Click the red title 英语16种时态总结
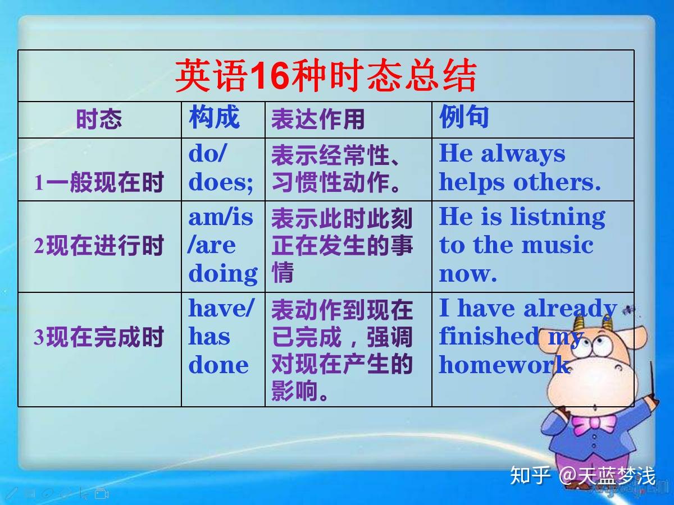(x=326, y=76)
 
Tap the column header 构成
(x=214, y=117)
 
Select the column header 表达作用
(x=318, y=120)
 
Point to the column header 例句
(x=464, y=116)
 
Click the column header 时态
(x=99, y=119)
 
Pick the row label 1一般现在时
(x=98, y=182)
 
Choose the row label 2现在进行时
(x=98, y=245)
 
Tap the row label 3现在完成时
(x=98, y=337)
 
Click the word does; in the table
(x=221, y=183)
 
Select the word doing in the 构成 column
(x=223, y=274)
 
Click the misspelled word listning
(x=558, y=217)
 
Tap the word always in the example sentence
(x=523, y=155)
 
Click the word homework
(x=504, y=364)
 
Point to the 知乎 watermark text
(x=530, y=475)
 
